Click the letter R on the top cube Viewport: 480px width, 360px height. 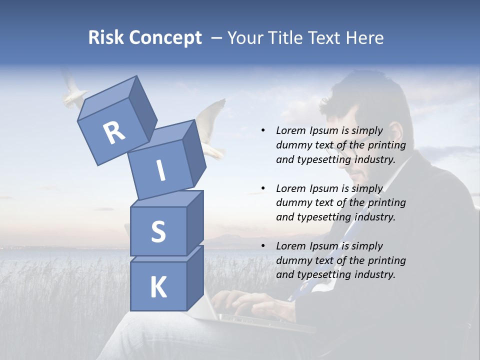(x=114, y=132)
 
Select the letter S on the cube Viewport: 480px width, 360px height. (x=158, y=231)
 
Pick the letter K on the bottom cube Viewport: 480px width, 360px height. (x=158, y=287)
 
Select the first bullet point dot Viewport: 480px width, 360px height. (x=263, y=130)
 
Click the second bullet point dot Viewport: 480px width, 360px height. (x=263, y=188)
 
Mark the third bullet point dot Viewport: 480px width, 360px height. (x=263, y=246)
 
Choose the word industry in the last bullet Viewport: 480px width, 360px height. (x=375, y=274)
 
